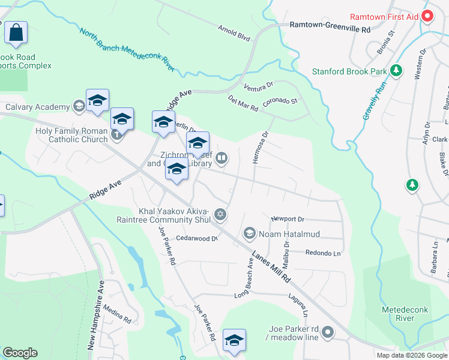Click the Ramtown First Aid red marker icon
pos(427,17)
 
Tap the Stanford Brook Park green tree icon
pos(396,71)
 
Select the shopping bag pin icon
pos(16,32)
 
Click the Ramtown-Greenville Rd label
pos(330,25)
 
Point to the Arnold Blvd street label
pos(234,33)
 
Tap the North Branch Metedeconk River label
pos(126,51)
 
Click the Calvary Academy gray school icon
pos(78,107)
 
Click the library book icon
pos(221,158)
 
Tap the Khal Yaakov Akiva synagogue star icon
pos(220,214)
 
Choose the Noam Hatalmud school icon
pos(249,233)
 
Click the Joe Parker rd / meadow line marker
pos(327,331)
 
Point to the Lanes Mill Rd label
pos(271,266)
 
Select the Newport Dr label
pos(288,220)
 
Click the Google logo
pos(20,353)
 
